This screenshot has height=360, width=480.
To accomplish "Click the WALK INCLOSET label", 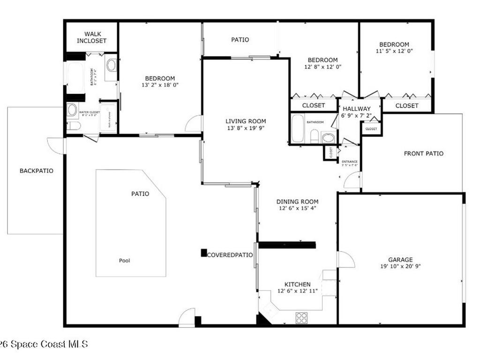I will point(92,37).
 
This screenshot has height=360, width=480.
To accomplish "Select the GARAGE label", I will point(400,260).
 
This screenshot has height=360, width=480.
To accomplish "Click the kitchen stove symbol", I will point(301,317).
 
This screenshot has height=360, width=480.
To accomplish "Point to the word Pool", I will point(125,261).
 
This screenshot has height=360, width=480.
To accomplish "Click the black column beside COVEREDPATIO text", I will point(204,253).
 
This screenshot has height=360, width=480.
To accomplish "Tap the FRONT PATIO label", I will point(423,153).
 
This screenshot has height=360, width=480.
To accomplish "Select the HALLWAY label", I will point(356,109).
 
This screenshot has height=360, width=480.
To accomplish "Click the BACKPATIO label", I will point(36,171).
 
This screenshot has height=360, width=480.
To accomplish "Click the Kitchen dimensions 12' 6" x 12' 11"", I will point(298,291).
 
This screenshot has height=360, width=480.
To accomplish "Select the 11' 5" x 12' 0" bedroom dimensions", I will point(394,51).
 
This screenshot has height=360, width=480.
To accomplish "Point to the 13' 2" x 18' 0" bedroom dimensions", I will point(160,85).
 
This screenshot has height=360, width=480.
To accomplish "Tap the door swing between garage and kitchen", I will point(345,260).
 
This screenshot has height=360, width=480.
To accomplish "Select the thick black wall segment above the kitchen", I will point(287,244).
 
